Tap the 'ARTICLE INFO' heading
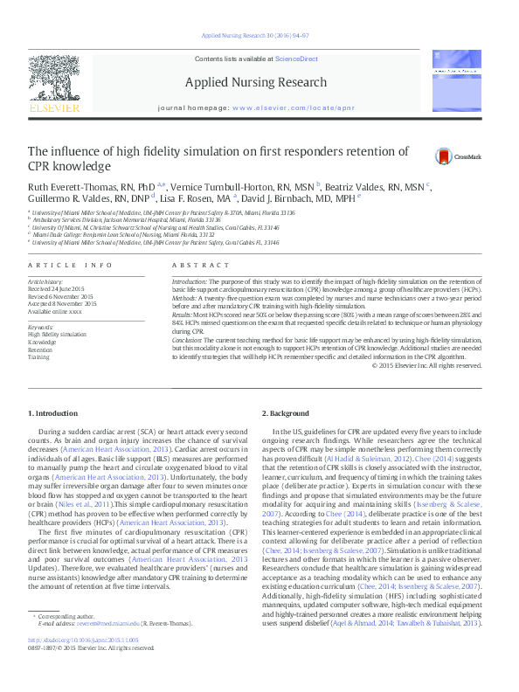70,264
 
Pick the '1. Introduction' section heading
55,412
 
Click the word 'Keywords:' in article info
41,326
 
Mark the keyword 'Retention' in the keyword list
41,349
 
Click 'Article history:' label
46,281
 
